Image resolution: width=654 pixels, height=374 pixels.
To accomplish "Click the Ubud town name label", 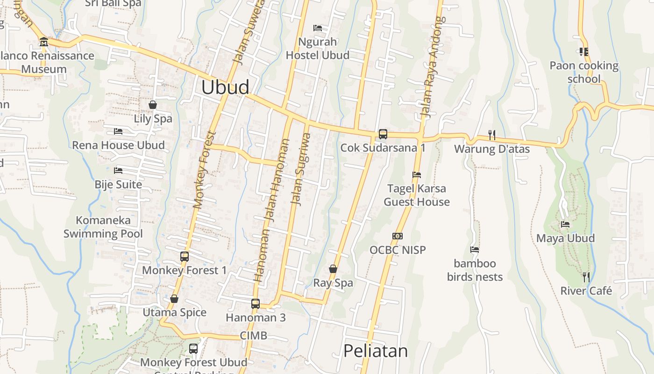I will click(225, 87).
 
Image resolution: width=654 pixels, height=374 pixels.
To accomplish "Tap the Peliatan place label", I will click(375, 351).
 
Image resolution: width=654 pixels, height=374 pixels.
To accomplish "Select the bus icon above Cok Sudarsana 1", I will click(383, 134).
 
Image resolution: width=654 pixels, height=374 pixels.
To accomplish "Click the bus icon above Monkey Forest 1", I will click(185, 256).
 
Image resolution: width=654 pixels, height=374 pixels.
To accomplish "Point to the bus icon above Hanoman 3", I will click(255, 303).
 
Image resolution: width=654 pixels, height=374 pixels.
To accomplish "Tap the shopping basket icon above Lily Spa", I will click(153, 105).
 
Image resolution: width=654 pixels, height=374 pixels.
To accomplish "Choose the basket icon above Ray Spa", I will click(333, 269).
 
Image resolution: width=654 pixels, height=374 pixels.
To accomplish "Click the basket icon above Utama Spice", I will click(174, 299).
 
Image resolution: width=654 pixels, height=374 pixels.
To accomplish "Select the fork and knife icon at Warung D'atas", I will click(491, 135).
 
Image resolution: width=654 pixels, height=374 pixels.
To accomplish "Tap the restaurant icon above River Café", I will click(586, 277).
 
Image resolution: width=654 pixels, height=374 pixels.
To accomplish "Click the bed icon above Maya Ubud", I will click(565, 224).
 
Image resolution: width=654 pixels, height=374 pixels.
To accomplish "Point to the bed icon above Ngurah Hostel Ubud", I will click(318, 28).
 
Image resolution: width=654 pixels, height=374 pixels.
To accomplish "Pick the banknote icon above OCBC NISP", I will click(398, 236).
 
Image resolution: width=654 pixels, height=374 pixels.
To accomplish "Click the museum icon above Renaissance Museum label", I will click(44, 42).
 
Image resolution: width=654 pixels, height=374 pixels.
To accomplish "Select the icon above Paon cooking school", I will click(583, 51).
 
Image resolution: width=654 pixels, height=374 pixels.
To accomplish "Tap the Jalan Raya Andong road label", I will click(432, 67).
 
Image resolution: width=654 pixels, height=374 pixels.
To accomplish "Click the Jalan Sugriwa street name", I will click(300, 170).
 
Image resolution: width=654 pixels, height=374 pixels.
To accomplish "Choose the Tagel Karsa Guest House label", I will click(417, 195).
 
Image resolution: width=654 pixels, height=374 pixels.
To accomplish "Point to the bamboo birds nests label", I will click(475, 270).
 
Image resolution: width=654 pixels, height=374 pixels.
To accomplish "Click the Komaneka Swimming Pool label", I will click(103, 227).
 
